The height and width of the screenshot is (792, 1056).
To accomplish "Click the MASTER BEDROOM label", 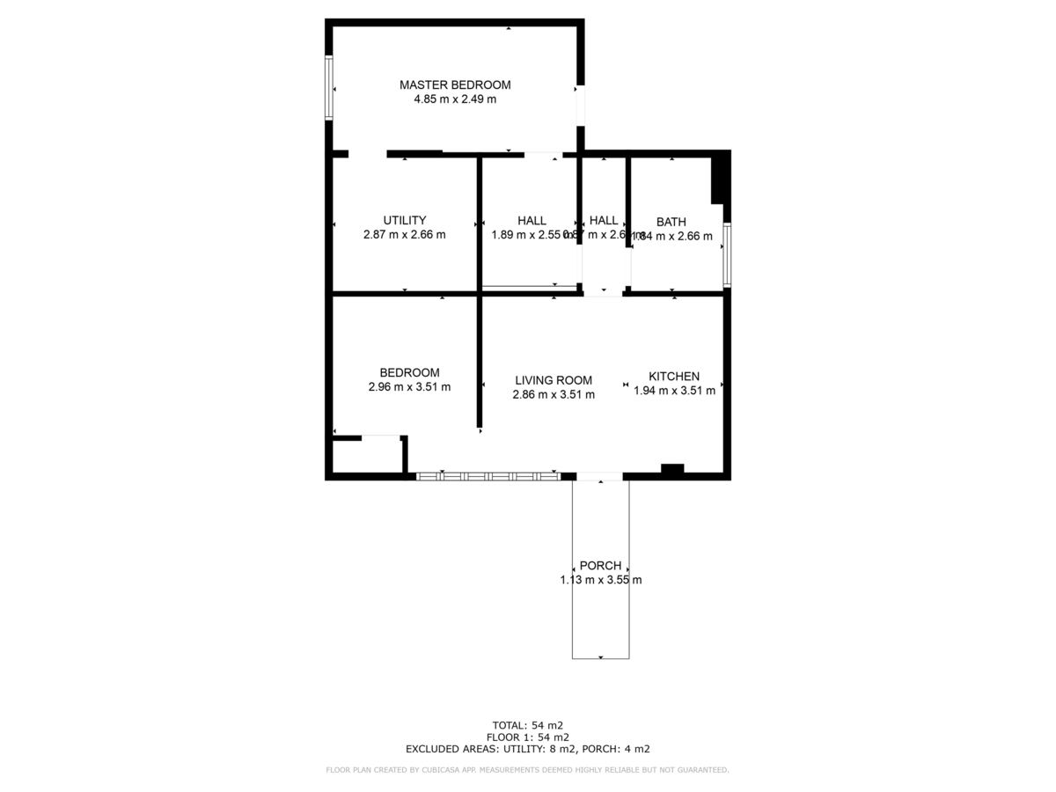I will click(454, 85).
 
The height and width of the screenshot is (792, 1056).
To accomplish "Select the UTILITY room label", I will click(405, 220).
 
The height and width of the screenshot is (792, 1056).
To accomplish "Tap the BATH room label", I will click(671, 222).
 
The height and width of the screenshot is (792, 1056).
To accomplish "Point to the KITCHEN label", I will click(674, 376).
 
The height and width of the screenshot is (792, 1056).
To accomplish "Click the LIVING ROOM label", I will click(554, 380).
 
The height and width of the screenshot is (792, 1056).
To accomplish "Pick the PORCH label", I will click(601, 566).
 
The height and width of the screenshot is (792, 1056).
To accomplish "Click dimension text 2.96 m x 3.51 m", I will click(409, 386).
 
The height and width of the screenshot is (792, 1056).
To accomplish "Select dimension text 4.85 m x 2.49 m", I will click(455, 99).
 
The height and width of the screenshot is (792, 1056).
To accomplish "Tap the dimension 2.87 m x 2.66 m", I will click(405, 235).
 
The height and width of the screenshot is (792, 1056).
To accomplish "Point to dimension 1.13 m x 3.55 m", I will click(601, 580).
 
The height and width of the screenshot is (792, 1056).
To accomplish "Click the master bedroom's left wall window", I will click(328, 87).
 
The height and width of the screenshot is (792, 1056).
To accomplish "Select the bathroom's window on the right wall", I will click(727, 255).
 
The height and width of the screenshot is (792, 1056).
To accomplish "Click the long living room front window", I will click(488, 476).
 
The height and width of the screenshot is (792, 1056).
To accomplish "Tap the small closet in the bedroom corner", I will click(367, 456).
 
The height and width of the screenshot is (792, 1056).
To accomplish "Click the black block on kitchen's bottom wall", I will click(672, 469).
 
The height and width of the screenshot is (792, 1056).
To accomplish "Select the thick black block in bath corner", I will click(720, 180).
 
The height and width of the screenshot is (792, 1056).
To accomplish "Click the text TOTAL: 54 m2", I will click(527, 725).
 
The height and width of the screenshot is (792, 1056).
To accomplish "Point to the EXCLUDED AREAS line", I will click(527, 749).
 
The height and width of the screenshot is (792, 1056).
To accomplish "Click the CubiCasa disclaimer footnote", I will click(527, 770).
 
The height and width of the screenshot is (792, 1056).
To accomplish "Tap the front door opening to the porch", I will click(600, 476).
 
